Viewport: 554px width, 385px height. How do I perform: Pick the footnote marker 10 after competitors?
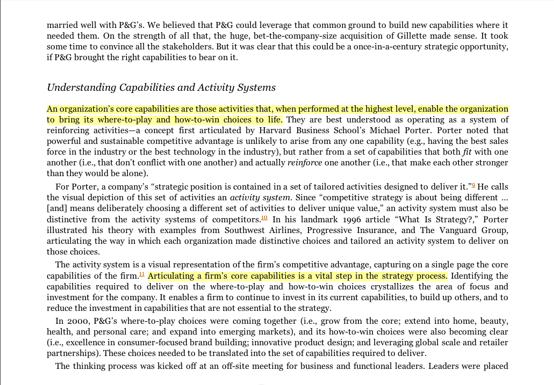coord(264,218)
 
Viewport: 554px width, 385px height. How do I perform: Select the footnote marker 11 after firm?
coord(142,274)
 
